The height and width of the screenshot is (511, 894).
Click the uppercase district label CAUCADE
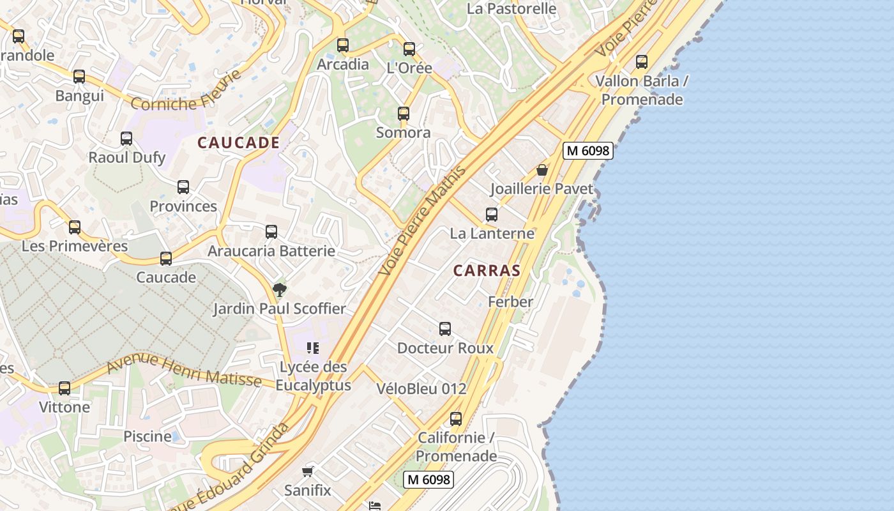[x=238, y=142]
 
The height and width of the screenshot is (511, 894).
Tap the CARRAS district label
[x=487, y=270]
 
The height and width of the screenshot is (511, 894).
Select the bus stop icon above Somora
[x=404, y=114]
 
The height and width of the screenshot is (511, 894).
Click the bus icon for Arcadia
[x=343, y=45]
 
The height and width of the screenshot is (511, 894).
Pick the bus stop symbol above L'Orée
[x=409, y=49]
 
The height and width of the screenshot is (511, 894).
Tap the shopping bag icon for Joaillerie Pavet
[x=542, y=170]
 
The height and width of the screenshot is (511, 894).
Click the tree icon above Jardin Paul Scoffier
[x=279, y=290]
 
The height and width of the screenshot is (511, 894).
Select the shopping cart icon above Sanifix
[x=308, y=472]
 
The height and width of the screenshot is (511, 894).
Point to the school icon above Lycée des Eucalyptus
[x=313, y=348]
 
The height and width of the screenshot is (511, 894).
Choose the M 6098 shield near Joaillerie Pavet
[x=587, y=151]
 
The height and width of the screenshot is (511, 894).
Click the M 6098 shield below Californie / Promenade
[x=428, y=479]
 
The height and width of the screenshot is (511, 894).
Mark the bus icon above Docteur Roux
[x=445, y=329]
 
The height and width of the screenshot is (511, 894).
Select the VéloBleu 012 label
[x=421, y=388]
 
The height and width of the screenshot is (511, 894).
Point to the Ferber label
[x=510, y=301]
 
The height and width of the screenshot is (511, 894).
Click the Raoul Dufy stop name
[x=126, y=157]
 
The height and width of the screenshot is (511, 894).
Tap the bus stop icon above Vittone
[x=64, y=388]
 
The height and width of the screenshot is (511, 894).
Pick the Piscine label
[x=148, y=436]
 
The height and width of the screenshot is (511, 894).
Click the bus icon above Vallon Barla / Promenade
[x=642, y=62]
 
